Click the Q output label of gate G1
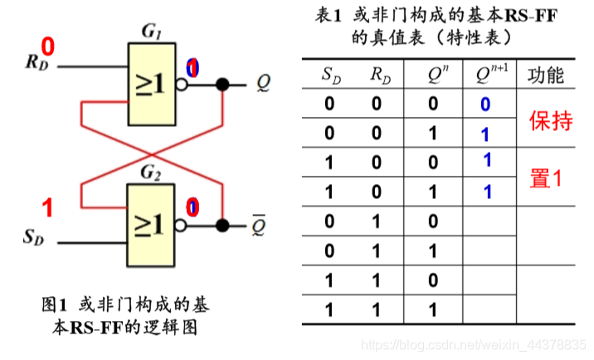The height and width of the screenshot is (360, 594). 262,83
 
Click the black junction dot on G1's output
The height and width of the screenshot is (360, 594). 222,84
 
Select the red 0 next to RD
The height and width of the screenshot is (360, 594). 47,45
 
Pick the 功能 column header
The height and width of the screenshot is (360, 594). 545,75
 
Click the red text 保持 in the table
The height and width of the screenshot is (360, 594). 550,121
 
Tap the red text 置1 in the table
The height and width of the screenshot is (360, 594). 546,177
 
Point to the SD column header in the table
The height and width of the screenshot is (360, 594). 331,76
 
